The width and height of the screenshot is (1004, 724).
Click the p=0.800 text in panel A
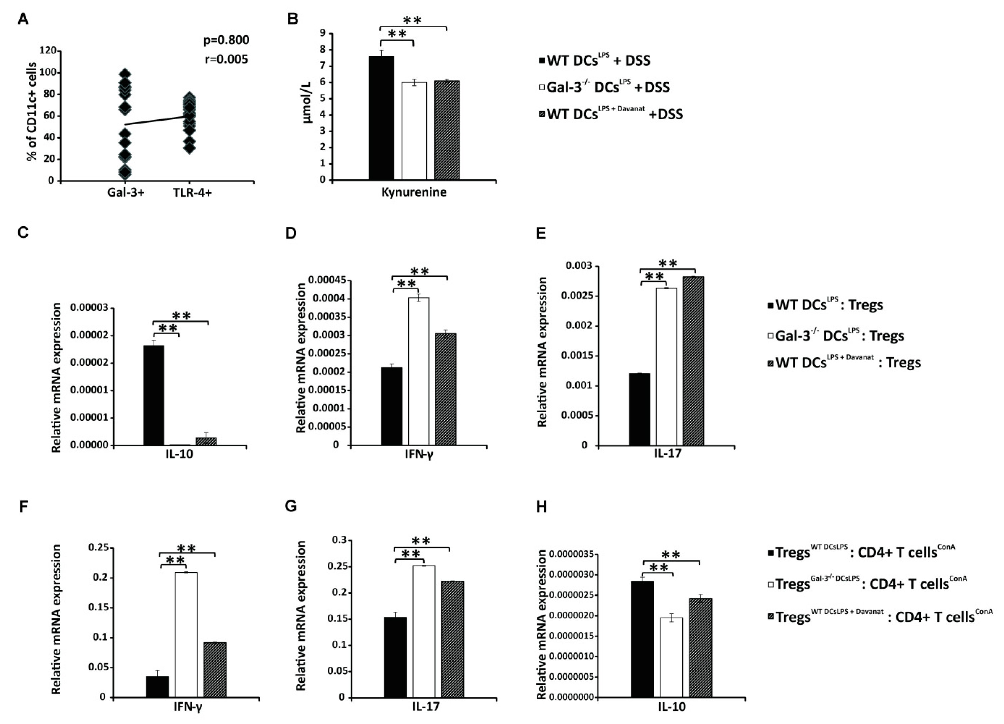tap(226, 40)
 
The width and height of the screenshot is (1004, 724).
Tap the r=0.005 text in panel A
tap(226, 59)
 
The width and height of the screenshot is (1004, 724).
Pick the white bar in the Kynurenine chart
tap(414, 131)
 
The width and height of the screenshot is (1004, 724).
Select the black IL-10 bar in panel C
tap(154, 395)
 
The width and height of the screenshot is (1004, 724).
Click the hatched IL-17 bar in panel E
tap(693, 361)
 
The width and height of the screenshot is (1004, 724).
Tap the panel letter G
tap(290, 506)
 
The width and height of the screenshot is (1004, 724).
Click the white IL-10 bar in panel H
tap(671, 657)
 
